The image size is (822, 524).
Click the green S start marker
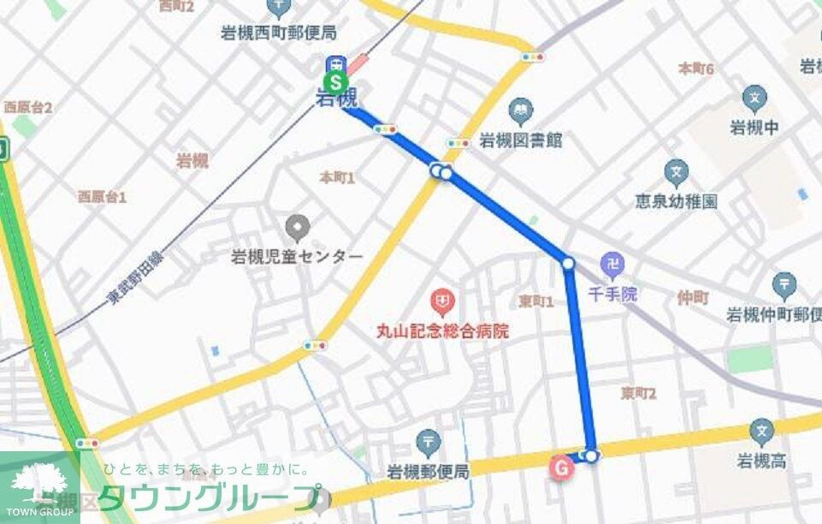337,83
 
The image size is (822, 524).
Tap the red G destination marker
561,468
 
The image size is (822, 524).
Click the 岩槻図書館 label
520,140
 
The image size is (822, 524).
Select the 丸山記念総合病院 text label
441,330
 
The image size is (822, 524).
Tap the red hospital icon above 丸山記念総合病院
442,301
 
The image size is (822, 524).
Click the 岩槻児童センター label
297,256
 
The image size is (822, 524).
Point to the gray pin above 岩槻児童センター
298,228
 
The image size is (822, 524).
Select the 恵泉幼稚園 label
676,201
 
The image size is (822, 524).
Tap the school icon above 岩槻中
754,99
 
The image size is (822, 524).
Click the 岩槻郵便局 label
428,472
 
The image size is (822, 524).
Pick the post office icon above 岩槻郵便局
428,444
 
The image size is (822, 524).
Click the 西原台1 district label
102,197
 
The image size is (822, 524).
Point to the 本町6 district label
695,68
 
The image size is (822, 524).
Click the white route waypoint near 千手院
568,263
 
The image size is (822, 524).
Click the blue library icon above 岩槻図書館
519,110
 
